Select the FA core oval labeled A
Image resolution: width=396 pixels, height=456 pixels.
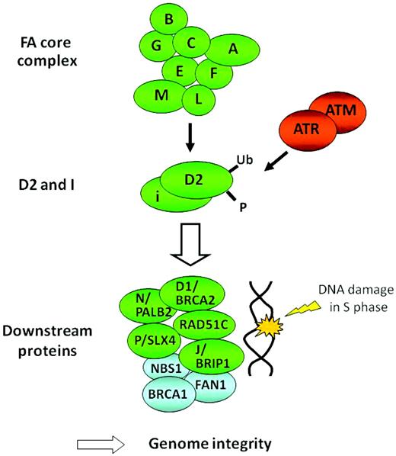[233, 51]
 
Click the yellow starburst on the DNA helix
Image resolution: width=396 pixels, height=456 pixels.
[275, 326]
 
